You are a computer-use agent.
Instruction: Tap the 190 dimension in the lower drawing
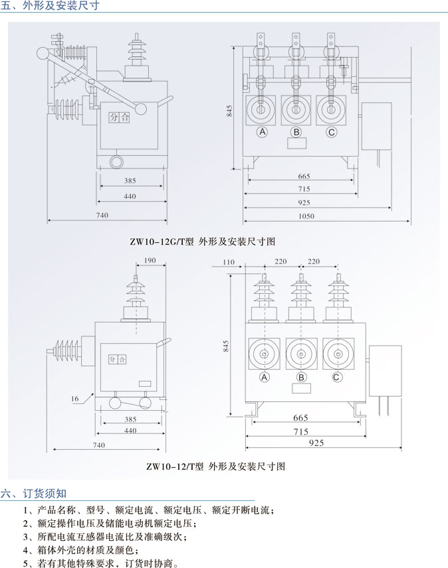(150, 261)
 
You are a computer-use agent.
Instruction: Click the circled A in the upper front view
(263, 132)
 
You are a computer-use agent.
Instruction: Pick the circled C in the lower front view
(336, 378)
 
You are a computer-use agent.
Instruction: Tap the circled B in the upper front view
(296, 132)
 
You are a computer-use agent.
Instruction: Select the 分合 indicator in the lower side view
(117, 359)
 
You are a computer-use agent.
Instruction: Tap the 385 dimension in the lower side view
(131, 419)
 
